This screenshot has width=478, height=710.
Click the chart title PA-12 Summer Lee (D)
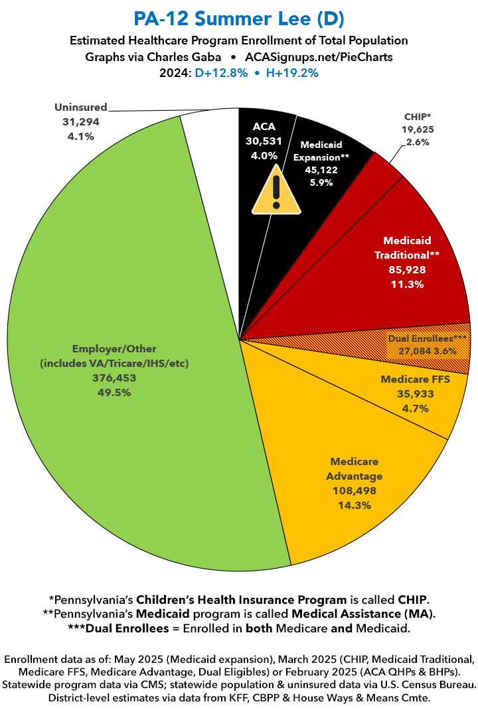[238, 17]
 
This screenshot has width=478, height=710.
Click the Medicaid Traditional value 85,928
[407, 269]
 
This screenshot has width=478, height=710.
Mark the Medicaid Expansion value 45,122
[320, 170]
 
